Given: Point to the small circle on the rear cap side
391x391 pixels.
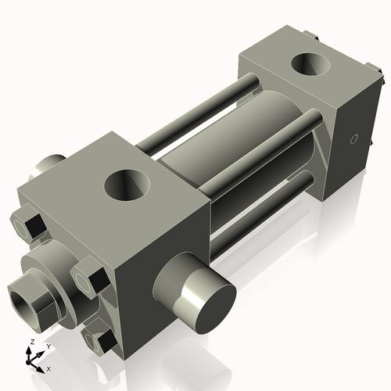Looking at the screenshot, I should click(x=353, y=141).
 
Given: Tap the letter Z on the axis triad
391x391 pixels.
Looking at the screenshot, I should click(x=30, y=343).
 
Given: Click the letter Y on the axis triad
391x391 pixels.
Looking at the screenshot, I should click(x=48, y=346).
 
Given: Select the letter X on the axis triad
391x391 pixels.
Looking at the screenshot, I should click(x=48, y=367).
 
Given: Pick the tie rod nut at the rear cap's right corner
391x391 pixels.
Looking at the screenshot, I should click(x=379, y=79).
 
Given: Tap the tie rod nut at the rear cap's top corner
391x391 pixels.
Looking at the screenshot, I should click(x=313, y=34).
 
